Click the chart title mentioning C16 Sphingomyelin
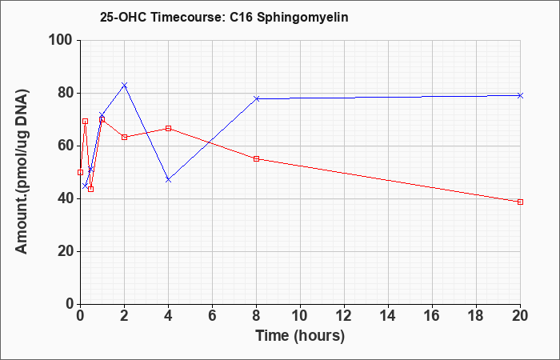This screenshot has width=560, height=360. click(x=224, y=17)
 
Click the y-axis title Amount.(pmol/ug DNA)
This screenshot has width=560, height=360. click(x=22, y=171)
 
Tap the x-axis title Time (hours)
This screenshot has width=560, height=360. click(x=300, y=336)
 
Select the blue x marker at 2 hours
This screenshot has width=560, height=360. click(x=124, y=85)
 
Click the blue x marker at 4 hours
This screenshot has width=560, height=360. click(x=168, y=180)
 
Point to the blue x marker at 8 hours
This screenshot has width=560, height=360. click(x=257, y=98)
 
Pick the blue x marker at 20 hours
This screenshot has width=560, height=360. click(x=520, y=95)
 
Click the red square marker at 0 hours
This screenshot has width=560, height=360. click(x=80, y=172)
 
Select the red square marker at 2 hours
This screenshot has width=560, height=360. click(x=124, y=137)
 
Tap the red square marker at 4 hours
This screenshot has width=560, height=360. click(x=168, y=128)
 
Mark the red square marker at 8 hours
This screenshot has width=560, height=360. click(x=257, y=159)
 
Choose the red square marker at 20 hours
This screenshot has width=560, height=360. click(x=520, y=202)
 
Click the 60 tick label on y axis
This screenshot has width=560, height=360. click(x=66, y=146)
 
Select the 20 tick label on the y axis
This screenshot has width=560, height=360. click(x=66, y=251)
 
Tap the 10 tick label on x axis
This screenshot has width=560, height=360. click(x=300, y=316)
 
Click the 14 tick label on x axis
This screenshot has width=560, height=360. click(x=388, y=316)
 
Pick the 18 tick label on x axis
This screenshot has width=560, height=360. click(x=477, y=316)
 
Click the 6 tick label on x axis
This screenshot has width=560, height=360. click(x=213, y=316)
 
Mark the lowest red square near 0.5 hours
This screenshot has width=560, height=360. click(x=90, y=189)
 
